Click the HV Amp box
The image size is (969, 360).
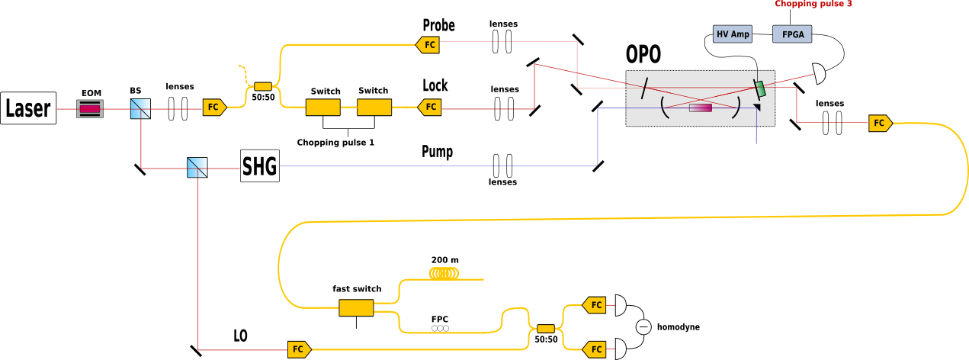(x=733, y=34)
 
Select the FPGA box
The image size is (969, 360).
(x=792, y=34)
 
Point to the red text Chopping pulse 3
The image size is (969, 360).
(x=813, y=4)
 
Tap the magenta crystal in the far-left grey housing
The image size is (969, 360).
(x=90, y=109)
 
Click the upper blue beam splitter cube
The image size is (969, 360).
(x=140, y=108)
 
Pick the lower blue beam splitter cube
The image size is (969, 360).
(x=197, y=167)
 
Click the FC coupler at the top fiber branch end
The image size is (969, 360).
(x=429, y=45)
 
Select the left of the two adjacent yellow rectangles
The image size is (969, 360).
(x=322, y=108)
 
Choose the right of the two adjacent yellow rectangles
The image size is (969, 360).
(x=374, y=108)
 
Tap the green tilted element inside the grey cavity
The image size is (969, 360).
(x=760, y=88)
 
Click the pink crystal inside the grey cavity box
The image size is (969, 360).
(x=701, y=108)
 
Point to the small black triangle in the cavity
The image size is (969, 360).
(x=757, y=108)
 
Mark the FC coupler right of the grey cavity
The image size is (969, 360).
(x=879, y=124)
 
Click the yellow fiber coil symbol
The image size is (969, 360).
(x=444, y=272)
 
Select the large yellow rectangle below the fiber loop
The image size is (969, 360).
(x=356, y=307)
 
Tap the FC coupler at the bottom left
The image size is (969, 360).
(x=298, y=349)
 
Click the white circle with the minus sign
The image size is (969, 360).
(x=644, y=327)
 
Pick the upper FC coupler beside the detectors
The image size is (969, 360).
(x=595, y=305)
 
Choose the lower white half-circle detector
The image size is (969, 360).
(x=620, y=349)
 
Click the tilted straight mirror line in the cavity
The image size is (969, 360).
(x=645, y=88)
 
